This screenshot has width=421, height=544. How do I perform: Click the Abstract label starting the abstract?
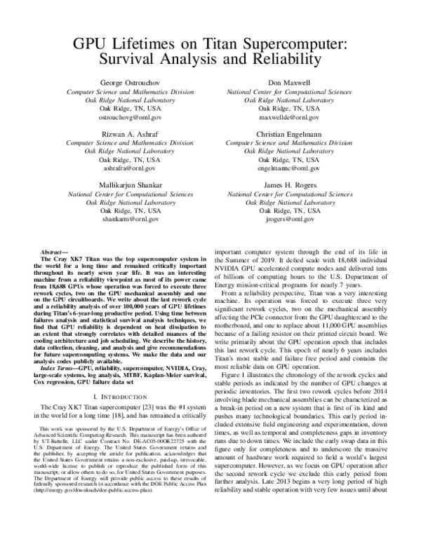click(x=54, y=251)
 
